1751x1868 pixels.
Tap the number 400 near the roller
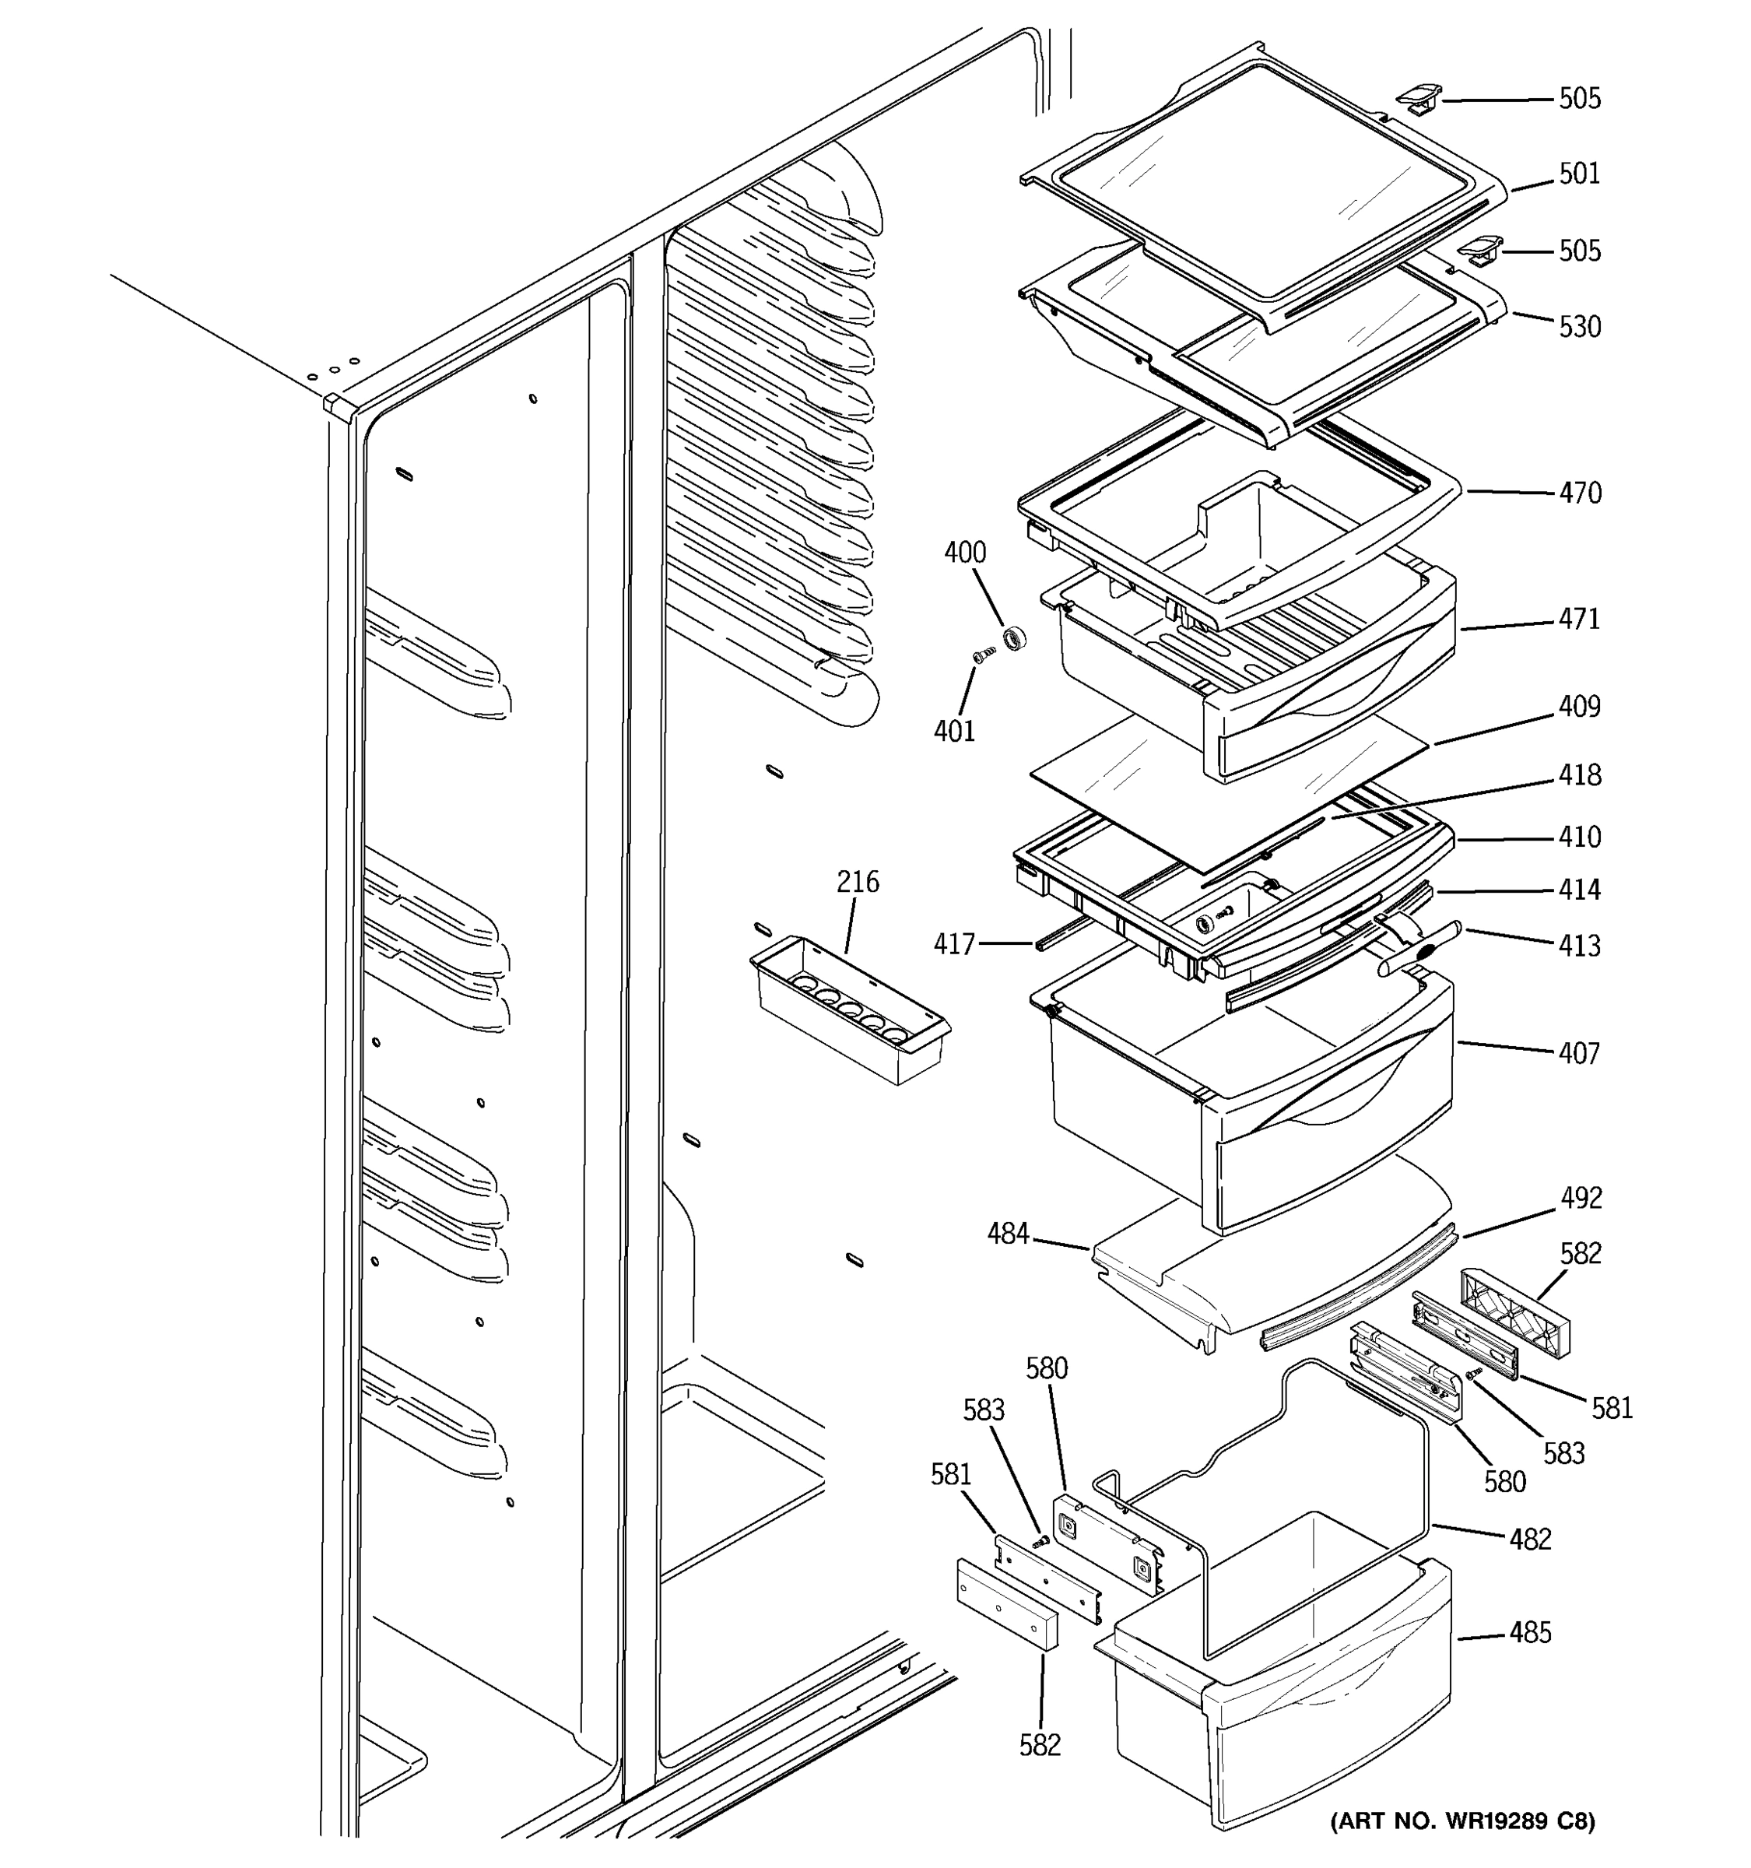[x=965, y=553]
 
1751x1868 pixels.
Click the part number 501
[x=1579, y=174]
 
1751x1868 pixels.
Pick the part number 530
[x=1579, y=327]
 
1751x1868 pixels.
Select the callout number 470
[x=1579, y=493]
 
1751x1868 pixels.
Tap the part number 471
[x=1579, y=620]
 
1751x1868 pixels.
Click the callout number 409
[x=1579, y=707]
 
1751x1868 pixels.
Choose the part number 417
[x=953, y=943]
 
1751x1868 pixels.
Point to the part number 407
[x=1579, y=1053]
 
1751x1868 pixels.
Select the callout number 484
[x=1007, y=1234]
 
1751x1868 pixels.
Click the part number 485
[x=1530, y=1633]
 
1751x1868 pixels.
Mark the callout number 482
[x=1530, y=1539]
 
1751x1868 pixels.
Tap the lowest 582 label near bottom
[x=1040, y=1745]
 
